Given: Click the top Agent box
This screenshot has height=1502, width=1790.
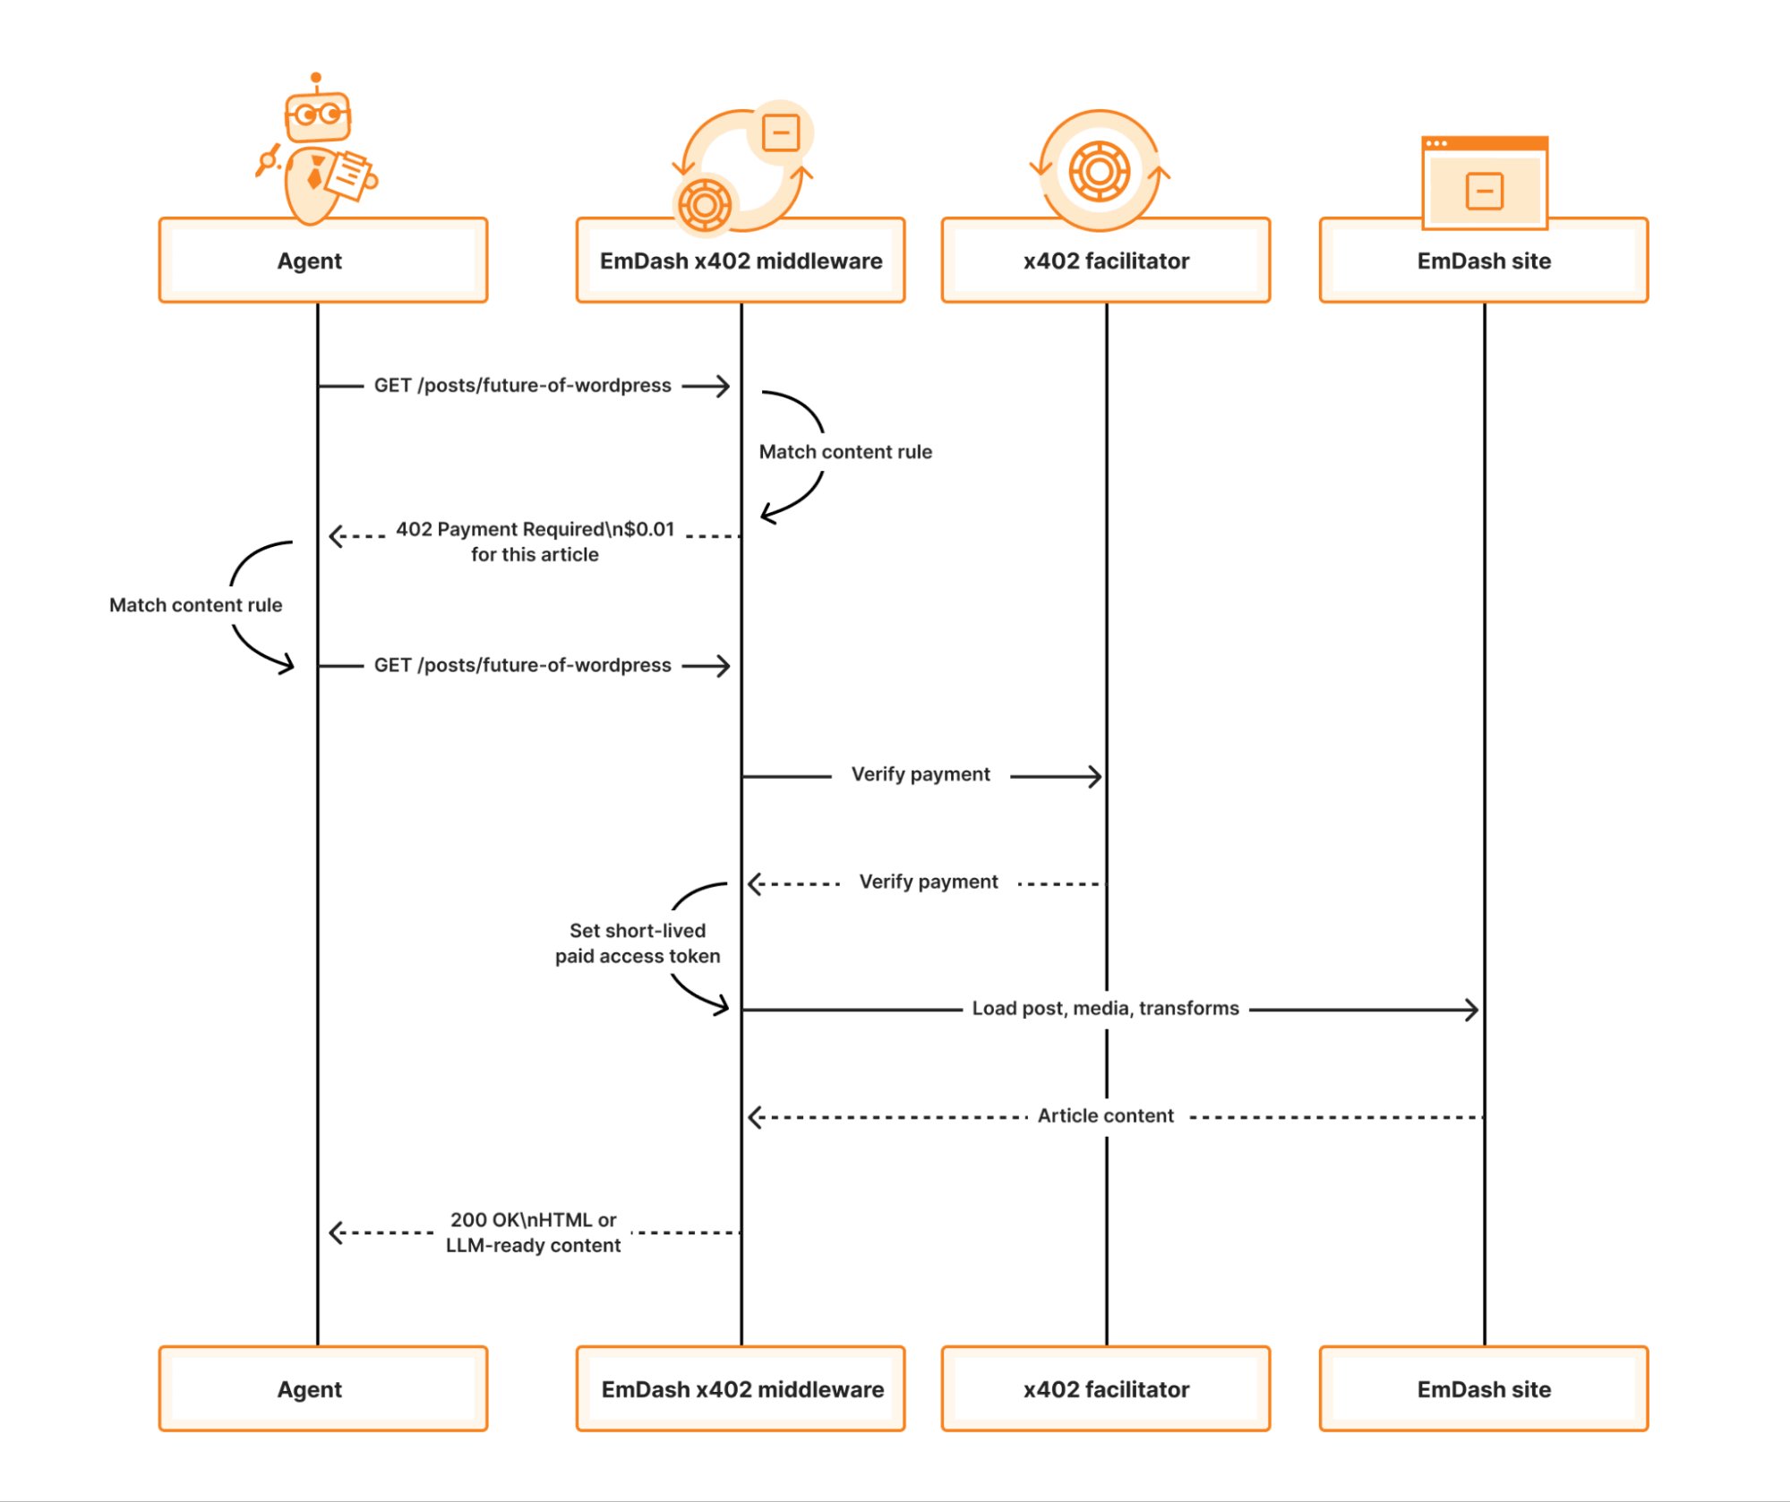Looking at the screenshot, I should point(322,260).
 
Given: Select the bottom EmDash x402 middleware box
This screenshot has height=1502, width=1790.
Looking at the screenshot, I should point(741,1388).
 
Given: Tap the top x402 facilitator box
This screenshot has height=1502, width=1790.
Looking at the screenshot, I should point(1105,260).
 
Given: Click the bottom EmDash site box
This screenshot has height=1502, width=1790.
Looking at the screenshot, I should point(1483,1388).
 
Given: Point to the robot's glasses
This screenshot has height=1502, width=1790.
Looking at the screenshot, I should point(318,115).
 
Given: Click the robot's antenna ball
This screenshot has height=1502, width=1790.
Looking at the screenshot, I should point(315,78).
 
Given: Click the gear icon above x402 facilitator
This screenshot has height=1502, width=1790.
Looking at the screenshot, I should point(1099,171).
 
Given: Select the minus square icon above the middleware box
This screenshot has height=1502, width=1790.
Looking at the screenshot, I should point(780,133).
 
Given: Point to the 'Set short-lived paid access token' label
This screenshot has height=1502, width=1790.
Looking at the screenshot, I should point(637,943).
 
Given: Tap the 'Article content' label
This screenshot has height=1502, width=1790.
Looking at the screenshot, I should point(1105,1115).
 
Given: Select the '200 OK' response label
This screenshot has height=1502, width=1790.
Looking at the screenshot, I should point(533,1232).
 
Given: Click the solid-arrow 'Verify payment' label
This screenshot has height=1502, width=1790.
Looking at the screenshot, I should point(920,774).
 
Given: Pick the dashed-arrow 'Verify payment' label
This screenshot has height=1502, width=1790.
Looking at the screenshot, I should point(928,882).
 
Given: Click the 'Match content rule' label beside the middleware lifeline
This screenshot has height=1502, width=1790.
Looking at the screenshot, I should point(844,452).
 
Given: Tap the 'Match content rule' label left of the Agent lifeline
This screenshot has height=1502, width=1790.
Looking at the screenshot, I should point(195,605).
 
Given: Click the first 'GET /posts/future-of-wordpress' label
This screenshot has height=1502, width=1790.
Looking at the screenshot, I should point(522,385).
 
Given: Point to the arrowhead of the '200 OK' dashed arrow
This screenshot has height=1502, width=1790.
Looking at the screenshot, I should point(335,1233).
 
